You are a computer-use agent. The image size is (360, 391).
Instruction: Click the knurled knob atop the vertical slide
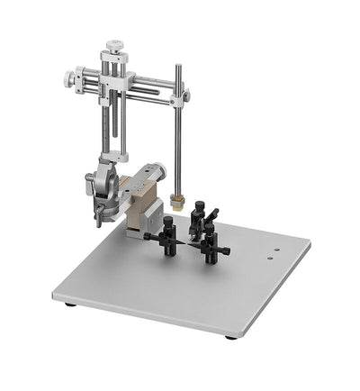pyautogui.click(x=113, y=45)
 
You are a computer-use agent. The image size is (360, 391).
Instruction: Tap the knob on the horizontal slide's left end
pyautogui.click(x=68, y=77)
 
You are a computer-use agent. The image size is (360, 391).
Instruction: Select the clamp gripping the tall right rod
pyautogui.click(x=184, y=95)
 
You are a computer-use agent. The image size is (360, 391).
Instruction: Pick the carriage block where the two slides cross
pyautogui.click(x=117, y=84)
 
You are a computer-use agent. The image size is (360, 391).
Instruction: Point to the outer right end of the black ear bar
pyautogui.click(x=229, y=250)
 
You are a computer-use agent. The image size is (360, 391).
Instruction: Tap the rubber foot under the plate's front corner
pyautogui.click(x=232, y=336)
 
